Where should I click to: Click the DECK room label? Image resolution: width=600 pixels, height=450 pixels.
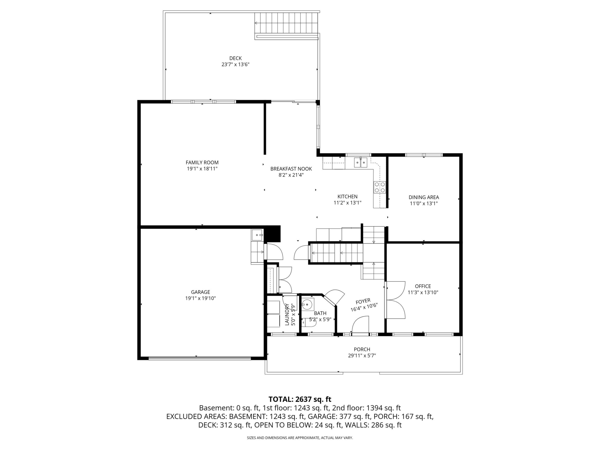pos(235,58)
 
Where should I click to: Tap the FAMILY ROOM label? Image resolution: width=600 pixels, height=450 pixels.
pos(202,162)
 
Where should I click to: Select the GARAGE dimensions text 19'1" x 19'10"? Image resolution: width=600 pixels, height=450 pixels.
pos(200,298)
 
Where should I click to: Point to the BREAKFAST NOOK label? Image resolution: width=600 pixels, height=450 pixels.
pos(291,169)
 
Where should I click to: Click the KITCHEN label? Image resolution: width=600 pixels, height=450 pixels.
pos(347,197)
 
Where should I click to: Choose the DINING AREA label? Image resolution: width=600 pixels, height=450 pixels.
pos(424,197)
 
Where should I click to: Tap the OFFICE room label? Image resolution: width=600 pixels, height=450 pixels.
pos(423,286)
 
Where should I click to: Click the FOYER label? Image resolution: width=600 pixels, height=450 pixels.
pos(363,301)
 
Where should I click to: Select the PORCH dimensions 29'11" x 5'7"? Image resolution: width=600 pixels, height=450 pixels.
pos(362,356)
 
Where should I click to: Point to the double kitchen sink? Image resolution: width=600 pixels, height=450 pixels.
pos(361,163)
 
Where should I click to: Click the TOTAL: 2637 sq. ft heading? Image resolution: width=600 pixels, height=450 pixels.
pos(300,399)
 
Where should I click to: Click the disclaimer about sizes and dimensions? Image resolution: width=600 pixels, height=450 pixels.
pos(300,438)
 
